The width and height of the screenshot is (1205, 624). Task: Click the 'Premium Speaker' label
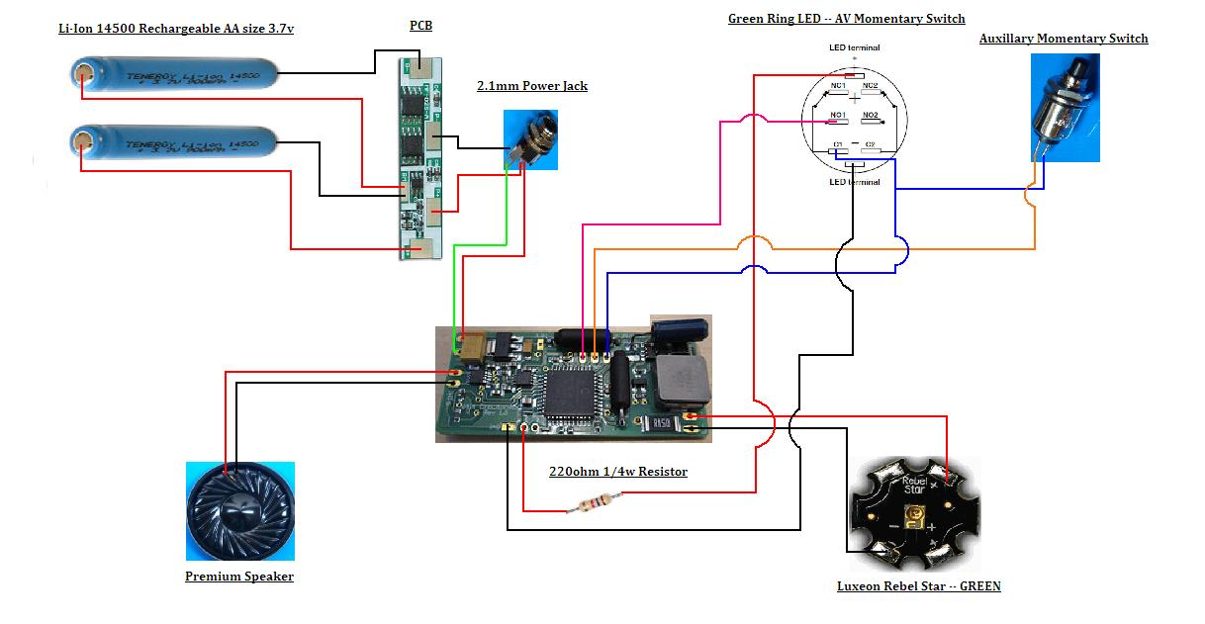coord(239,577)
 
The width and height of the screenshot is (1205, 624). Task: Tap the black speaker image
coord(239,511)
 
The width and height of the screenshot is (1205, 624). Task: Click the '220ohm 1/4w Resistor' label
coord(617,472)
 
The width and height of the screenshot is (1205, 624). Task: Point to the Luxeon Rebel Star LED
coord(915,518)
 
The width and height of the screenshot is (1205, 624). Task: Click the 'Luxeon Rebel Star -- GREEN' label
coord(918,586)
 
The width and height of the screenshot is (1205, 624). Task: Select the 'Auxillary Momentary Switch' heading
coord(1064,39)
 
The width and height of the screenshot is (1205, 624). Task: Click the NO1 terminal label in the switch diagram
coord(837,117)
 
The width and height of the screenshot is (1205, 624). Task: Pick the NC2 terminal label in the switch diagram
coord(870,87)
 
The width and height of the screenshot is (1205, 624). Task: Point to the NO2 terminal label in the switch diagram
coord(870,117)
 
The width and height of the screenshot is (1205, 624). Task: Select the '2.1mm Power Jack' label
coord(532,86)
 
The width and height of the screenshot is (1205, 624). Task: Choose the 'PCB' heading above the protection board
coord(420,26)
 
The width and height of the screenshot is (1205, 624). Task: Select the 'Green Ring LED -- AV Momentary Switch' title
coord(846,19)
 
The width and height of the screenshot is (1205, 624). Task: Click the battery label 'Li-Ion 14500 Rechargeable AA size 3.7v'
coord(176,29)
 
